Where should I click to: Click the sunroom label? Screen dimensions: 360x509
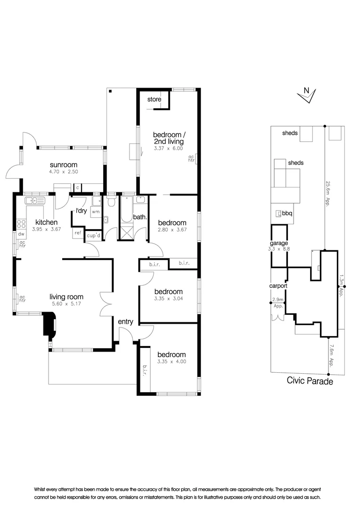pos(64,164)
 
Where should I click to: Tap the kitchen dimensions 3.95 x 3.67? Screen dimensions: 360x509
pos(47,229)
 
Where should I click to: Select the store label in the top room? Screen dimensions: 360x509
pos(154,99)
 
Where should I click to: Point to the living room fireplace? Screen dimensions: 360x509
pos(49,324)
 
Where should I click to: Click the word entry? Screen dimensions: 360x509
pos(126,322)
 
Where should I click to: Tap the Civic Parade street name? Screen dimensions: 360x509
pos(310,381)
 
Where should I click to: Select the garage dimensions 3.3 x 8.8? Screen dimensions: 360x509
pos(279,249)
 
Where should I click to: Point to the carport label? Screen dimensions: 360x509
pos(278,286)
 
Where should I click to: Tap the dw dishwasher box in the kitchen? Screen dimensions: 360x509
pos(21,234)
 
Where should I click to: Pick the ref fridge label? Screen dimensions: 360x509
pos(78,233)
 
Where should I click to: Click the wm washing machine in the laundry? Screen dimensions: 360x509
pos(96,212)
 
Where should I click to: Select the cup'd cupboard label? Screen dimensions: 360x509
pos(93,235)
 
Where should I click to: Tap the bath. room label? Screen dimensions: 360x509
pos(140,217)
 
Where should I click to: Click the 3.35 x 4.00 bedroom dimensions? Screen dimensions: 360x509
pos(172,361)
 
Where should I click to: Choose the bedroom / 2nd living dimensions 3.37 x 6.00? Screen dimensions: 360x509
pos(169,148)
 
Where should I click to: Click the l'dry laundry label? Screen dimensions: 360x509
pos(81,211)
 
